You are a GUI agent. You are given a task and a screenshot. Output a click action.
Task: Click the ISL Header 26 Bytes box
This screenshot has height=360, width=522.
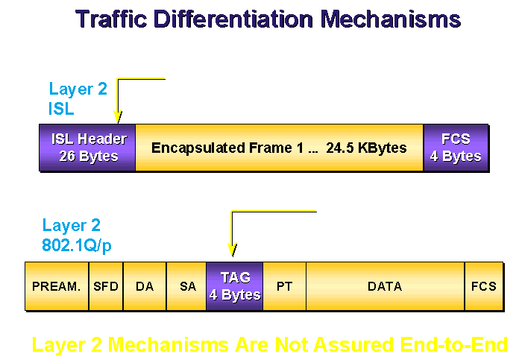(87, 148)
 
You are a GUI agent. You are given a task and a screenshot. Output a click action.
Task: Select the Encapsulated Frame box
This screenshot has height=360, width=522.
(280, 148)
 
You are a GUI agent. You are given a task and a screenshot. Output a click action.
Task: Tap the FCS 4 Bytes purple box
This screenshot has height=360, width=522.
(456, 148)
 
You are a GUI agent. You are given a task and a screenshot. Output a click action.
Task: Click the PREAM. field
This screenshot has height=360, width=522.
(57, 286)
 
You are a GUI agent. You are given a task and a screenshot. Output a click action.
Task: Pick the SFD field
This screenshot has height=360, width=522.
(106, 286)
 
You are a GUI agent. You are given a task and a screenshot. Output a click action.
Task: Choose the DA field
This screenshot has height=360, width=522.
(145, 286)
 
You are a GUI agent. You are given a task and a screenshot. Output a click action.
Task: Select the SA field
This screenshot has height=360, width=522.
(186, 286)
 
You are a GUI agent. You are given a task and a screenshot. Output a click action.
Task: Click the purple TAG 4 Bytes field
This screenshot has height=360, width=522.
(235, 286)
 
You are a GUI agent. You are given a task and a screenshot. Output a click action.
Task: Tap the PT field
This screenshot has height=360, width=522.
(285, 286)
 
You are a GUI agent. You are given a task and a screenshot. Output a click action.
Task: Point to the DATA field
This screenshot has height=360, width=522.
(386, 286)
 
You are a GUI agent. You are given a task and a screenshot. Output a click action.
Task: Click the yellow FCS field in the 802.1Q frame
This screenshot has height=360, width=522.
(484, 286)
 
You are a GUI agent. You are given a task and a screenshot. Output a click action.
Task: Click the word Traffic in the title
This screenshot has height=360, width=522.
(111, 19)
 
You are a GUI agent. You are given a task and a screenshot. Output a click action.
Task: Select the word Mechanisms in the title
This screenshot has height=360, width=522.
(391, 19)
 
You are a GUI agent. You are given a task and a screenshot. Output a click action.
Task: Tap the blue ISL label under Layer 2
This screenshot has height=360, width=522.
(61, 109)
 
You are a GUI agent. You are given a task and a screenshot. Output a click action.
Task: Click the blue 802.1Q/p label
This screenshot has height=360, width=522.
(77, 246)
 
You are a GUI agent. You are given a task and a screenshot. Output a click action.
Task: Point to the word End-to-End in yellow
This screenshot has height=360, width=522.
(453, 344)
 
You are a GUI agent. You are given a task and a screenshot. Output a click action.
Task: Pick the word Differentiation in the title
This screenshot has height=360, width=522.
(233, 19)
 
